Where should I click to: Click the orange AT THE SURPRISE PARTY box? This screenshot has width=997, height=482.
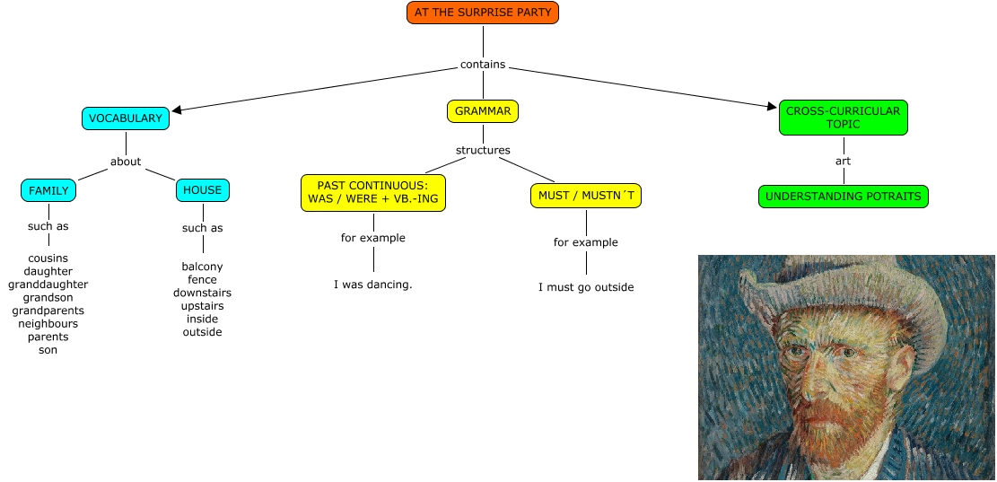coord(483,13)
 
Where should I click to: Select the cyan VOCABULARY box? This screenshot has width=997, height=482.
coord(126,118)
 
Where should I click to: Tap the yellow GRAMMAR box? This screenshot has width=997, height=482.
coord(483,111)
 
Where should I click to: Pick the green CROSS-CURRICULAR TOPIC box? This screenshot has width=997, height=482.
coord(843,118)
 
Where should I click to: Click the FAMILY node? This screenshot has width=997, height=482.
coord(48,190)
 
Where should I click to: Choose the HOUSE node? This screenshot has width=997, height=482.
coord(202,190)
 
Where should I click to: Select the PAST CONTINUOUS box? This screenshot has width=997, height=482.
coord(373,192)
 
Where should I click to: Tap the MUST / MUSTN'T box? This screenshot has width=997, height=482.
coord(586,196)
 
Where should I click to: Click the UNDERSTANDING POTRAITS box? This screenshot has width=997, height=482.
coord(843,197)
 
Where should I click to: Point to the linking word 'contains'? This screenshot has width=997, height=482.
coord(483,65)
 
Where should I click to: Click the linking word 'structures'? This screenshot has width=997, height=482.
coord(483,150)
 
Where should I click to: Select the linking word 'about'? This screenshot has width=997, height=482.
coord(126,162)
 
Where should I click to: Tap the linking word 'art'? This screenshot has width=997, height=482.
coord(843,161)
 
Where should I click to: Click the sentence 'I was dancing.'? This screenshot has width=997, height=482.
coord(373,285)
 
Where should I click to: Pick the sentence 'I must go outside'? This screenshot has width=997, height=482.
coord(586,287)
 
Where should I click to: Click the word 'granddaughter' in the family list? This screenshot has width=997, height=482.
coord(48,285)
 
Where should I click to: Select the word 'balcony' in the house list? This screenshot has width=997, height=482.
coord(202,267)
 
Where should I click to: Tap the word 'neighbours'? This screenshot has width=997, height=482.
coord(48,324)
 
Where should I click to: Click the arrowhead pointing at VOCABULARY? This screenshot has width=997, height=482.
coord(177,111)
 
